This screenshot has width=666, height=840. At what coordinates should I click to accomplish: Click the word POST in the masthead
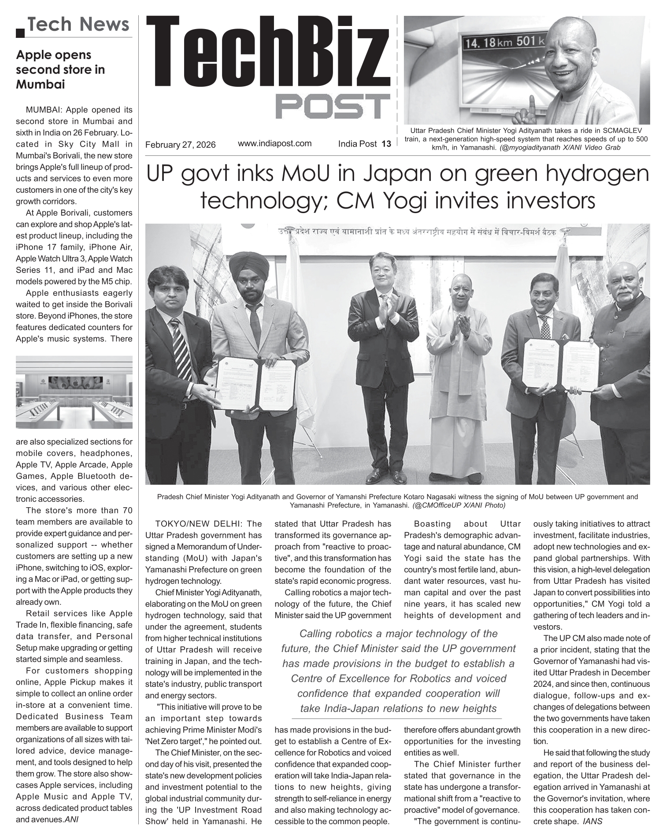[x=333, y=107]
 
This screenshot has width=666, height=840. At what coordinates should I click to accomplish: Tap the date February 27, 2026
[x=180, y=144]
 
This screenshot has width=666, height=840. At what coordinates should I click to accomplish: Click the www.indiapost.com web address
[x=274, y=143]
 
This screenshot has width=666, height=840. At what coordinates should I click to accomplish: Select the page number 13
[x=386, y=144]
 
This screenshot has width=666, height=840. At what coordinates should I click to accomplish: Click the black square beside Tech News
[x=20, y=32]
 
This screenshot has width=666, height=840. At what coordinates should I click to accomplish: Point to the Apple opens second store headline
[x=60, y=70]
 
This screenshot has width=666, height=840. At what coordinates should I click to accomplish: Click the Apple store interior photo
[x=74, y=392]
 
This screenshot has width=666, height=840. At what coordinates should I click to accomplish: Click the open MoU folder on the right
[x=560, y=364]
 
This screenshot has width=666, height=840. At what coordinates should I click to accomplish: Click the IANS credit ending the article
[x=592, y=821]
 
